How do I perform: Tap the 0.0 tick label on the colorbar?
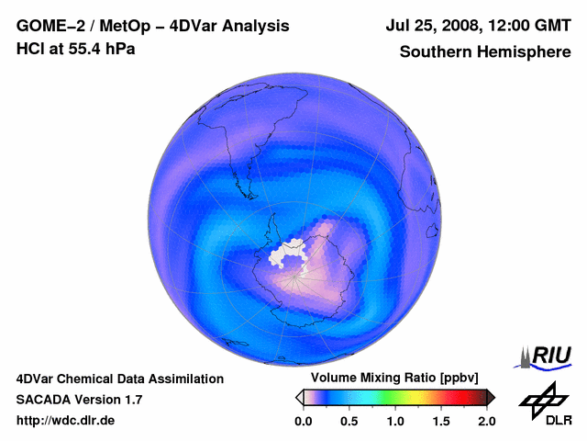pos(303,421)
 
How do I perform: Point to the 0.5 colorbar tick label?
pos(349,421)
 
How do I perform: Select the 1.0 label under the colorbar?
pos(395,421)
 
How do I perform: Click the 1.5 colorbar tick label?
pos(441,421)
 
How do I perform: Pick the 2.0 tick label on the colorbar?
pos(486,421)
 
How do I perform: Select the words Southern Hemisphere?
pos(485,52)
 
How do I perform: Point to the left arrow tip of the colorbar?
pos(298,397)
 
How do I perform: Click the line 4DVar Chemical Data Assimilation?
pos(120,379)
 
